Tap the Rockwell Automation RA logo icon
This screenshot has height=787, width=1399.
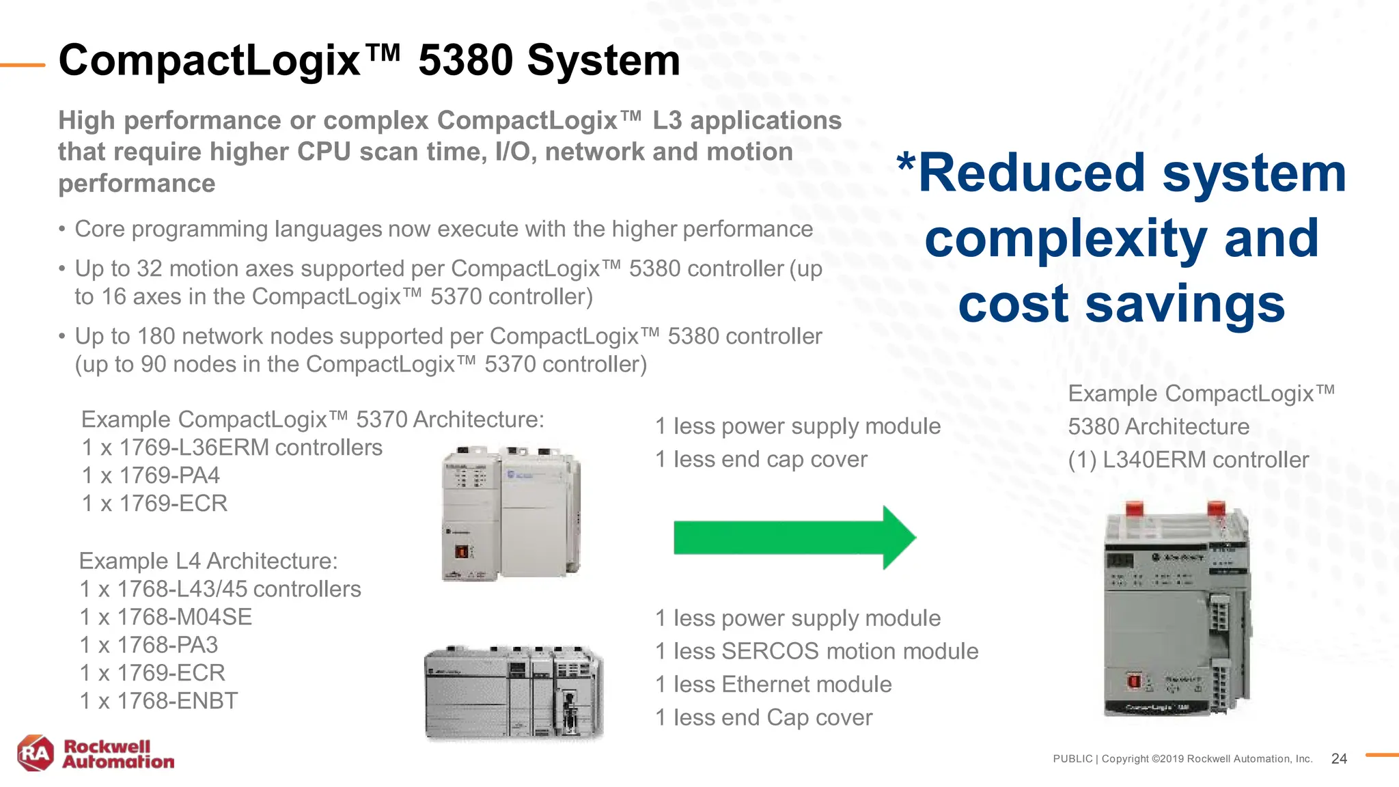(36, 754)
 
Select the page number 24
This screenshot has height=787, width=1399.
(1339, 758)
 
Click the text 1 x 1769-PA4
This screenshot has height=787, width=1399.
(151, 475)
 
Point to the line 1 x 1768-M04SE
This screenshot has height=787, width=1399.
(166, 617)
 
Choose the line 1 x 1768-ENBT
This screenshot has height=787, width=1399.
(159, 701)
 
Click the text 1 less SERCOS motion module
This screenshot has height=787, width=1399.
(816, 651)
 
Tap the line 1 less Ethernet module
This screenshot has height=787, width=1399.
(773, 685)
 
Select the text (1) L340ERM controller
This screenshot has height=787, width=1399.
(1188, 460)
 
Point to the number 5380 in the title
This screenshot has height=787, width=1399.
(465, 60)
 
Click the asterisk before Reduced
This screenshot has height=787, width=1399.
(906, 165)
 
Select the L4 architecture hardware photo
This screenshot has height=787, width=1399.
(514, 693)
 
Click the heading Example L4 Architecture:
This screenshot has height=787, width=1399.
(208, 561)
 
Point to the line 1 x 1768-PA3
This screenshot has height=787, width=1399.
(149, 645)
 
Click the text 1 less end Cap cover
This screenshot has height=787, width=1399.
(764, 718)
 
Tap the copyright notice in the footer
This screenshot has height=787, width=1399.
(1182, 759)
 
